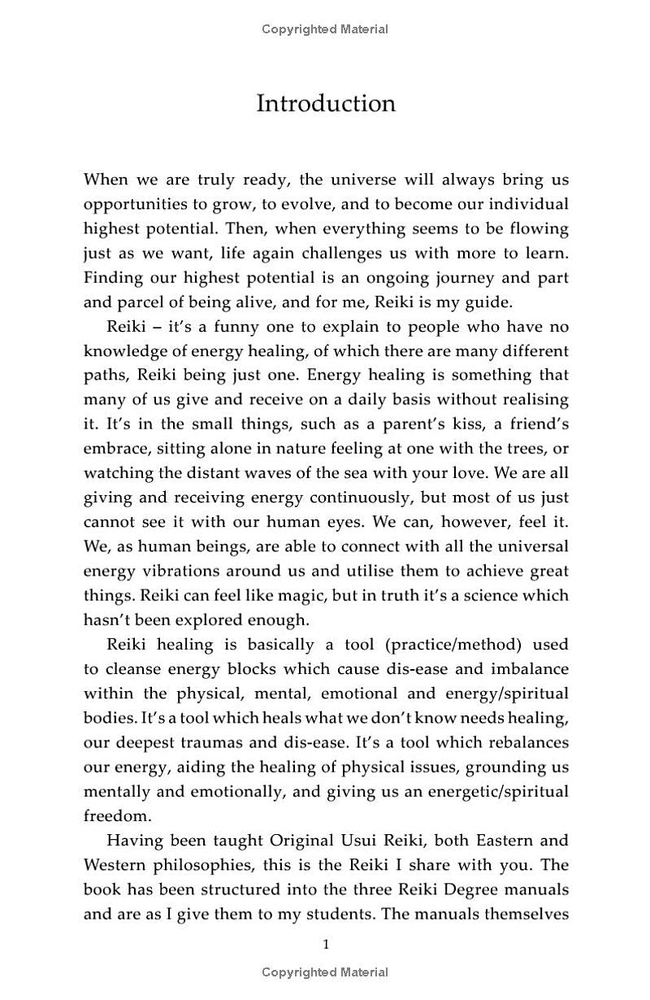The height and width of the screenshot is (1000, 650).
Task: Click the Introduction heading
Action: [326, 104]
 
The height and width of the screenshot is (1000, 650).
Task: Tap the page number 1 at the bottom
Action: [326, 944]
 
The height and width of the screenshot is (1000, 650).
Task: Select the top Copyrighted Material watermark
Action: [325, 29]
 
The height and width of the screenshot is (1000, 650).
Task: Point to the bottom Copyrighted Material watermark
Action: [325, 972]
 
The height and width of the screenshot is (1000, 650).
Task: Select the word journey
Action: [455, 277]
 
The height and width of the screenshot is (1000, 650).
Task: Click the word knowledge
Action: [122, 351]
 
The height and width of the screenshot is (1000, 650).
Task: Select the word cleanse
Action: [132, 669]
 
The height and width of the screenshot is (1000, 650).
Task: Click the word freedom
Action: [117, 815]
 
